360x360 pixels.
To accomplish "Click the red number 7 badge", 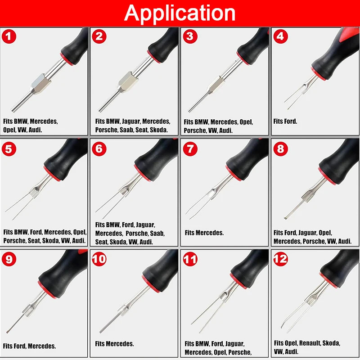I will (190, 149).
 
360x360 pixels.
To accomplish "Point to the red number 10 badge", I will (99, 260).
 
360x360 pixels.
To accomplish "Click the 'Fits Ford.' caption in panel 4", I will (285, 121).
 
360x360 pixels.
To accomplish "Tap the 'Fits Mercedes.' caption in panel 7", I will (204, 233).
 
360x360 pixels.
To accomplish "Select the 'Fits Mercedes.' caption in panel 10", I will (114, 344).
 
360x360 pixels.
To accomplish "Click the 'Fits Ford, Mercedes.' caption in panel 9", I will (29, 346).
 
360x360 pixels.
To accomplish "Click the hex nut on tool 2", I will (128, 82).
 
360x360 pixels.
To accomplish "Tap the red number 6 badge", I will (99, 149).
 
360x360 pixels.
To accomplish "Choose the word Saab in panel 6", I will (157, 233).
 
